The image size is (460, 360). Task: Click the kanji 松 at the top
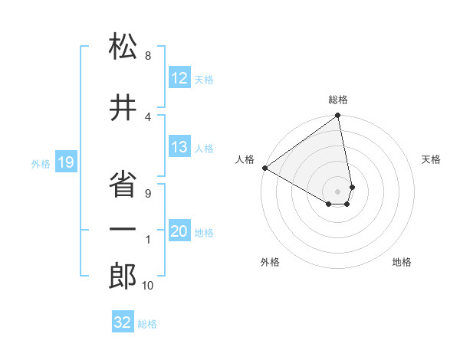pyautogui.click(x=123, y=47)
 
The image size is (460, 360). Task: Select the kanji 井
pyautogui.click(x=123, y=109)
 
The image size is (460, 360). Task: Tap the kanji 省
pyautogui.click(x=123, y=182)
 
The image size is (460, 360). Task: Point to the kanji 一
pyautogui.click(x=123, y=231)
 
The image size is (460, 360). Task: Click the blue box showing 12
pyautogui.click(x=179, y=78)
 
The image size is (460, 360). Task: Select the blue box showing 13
pyautogui.click(x=179, y=148)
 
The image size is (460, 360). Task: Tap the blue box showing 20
pyautogui.click(x=179, y=232)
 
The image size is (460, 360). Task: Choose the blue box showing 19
pyautogui.click(x=66, y=162)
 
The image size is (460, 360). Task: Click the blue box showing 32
pyautogui.click(x=123, y=322)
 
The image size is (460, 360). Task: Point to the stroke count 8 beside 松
pyautogui.click(x=148, y=55)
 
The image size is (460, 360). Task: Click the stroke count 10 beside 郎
pyautogui.click(x=147, y=286)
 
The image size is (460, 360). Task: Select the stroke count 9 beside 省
pyautogui.click(x=148, y=193)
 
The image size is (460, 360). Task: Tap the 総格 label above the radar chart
pyautogui.click(x=338, y=100)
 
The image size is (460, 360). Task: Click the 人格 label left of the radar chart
pyautogui.click(x=245, y=159)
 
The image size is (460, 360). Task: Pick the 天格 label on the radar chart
pyautogui.click(x=431, y=159)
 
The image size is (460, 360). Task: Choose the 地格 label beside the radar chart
pyautogui.click(x=402, y=262)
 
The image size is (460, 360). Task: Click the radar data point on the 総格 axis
pyautogui.click(x=338, y=116)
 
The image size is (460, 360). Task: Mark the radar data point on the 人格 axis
pyautogui.click(x=264, y=167)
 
